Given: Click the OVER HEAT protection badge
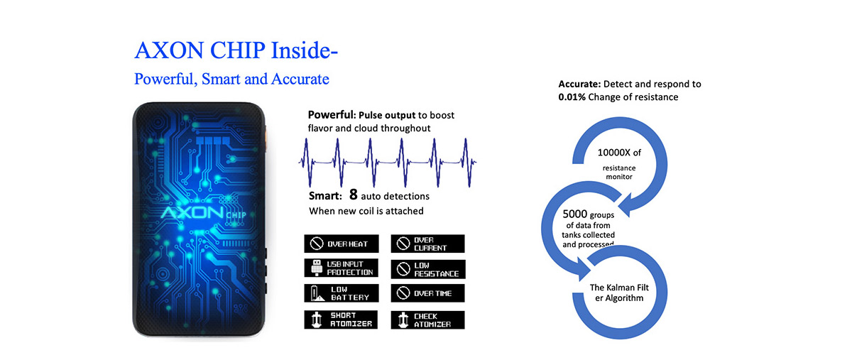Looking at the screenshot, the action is tap(342, 244).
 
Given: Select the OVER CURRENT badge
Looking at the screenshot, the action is tap(427, 244).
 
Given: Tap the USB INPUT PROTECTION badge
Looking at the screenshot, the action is tap(342, 268).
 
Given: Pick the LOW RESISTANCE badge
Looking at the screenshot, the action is tap(428, 269).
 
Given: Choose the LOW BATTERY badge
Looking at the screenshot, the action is tap(342, 293).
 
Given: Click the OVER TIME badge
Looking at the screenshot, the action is tap(427, 293).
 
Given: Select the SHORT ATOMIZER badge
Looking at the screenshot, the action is tap(341, 320).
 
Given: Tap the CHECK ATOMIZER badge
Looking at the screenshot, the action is tap(427, 320).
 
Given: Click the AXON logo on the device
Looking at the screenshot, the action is tap(192, 213).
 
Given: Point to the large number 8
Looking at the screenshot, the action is tap(354, 195).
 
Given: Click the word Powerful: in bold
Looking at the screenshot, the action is tap(332, 115).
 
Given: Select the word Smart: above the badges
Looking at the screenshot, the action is tap(325, 196).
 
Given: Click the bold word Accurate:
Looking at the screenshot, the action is tap(579, 84).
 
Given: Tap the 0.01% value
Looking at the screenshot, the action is tap(572, 97).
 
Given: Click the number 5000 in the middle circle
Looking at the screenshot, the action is tap(574, 214).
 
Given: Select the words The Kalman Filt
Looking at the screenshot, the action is tap(619, 288).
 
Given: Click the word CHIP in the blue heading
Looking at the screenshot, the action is tap(238, 50).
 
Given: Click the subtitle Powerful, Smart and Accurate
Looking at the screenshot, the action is tap(231, 79).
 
